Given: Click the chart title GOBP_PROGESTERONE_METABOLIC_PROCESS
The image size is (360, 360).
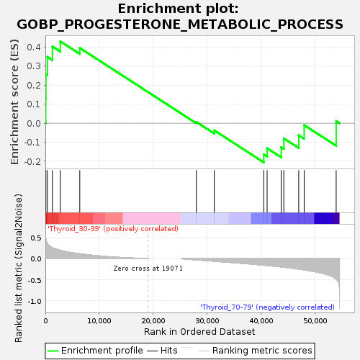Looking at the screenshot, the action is [180, 24].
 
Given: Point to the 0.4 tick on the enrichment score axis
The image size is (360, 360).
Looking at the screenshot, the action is [34, 47].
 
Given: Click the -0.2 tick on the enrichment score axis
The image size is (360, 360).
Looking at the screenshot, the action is [32, 161].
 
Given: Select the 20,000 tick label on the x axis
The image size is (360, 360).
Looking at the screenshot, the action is [153, 321].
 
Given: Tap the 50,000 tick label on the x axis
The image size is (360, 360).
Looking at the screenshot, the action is [315, 321].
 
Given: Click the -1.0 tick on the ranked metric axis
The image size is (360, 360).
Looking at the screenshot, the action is [35, 301].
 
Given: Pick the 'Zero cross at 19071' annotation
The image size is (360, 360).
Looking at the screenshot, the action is [148, 269].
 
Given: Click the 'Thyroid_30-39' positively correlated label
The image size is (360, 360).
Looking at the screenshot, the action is [113, 229].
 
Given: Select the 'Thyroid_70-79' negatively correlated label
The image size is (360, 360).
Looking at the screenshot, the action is [267, 307].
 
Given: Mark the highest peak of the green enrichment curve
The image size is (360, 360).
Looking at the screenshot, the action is [60, 42].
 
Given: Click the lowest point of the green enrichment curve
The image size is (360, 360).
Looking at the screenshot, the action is [264, 162].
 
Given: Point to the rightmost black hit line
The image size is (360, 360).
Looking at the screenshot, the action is [336, 192].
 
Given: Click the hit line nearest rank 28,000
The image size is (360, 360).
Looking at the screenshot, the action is [197, 192].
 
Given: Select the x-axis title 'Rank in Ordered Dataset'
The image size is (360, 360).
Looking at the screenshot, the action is [199, 332].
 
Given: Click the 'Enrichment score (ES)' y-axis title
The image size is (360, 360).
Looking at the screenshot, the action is [14, 102].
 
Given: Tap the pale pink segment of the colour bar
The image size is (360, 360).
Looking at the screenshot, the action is [152, 218].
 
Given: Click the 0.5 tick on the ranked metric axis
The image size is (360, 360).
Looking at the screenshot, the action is [36, 238].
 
